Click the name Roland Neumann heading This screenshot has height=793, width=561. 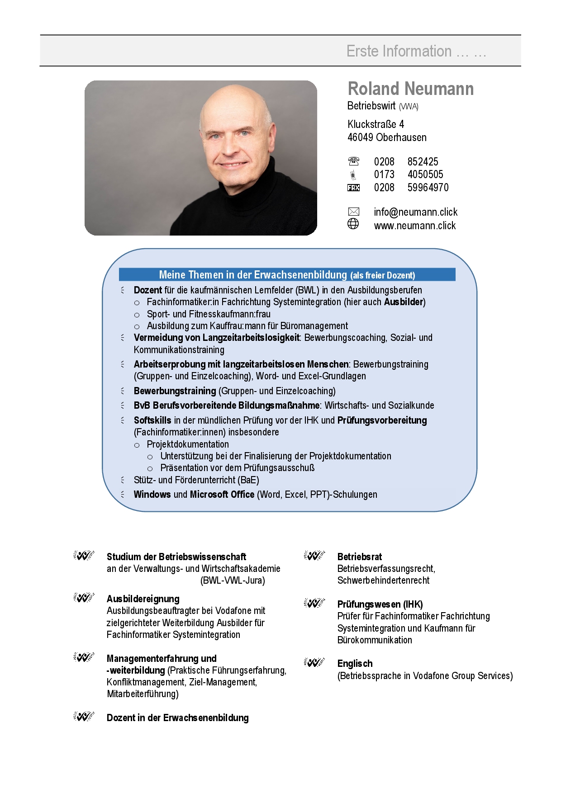click(410, 89)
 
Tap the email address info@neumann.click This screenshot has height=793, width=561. click(415, 212)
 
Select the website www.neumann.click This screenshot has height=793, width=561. click(414, 226)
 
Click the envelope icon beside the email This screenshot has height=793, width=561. click(353, 212)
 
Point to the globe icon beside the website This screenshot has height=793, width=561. click(353, 224)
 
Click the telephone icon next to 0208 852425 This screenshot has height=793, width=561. click(353, 161)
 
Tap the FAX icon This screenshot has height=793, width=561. click(353, 188)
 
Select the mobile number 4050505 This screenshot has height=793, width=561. click(425, 175)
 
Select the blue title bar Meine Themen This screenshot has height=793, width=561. click(287, 275)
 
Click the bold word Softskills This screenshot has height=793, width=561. click(152, 420)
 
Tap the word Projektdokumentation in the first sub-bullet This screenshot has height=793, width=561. click(188, 444)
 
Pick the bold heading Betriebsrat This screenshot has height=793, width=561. click(359, 557)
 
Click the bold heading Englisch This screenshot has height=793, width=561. click(355, 664)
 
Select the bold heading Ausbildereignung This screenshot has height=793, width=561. click(143, 599)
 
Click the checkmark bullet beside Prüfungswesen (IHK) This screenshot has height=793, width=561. click(314, 603)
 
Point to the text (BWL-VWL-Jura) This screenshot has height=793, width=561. click(233, 581)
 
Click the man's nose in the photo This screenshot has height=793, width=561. click(227, 145)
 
